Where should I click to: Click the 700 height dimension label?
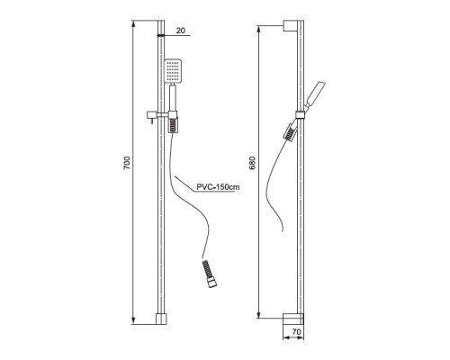pyautogui.click(x=127, y=163)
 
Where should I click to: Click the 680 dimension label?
pyautogui.click(x=252, y=163)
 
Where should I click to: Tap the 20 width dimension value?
pyautogui.click(x=181, y=31)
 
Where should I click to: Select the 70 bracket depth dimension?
pyautogui.click(x=296, y=332)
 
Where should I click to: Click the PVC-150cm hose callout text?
pyautogui.click(x=218, y=187)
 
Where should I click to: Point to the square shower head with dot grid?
pyautogui.click(x=173, y=71)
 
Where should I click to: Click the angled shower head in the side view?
pyautogui.click(x=316, y=93)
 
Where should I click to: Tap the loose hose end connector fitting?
pyautogui.click(x=210, y=274)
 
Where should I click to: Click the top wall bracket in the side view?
pyautogui.click(x=291, y=25)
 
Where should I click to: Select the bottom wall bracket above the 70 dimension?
pyautogui.click(x=293, y=319)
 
